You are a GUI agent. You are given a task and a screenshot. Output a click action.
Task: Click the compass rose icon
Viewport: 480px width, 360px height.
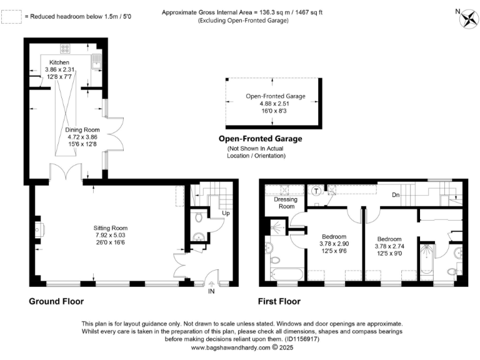pos(467,17)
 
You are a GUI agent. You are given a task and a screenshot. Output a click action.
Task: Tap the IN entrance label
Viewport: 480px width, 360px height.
pos(212,291)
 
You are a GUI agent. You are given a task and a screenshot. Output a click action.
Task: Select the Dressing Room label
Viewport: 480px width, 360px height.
pos(286,202)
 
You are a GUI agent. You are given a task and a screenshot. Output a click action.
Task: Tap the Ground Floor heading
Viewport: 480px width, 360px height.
pos(56,301)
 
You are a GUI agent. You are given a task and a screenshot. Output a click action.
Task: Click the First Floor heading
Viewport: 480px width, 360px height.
pos(279,301)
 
